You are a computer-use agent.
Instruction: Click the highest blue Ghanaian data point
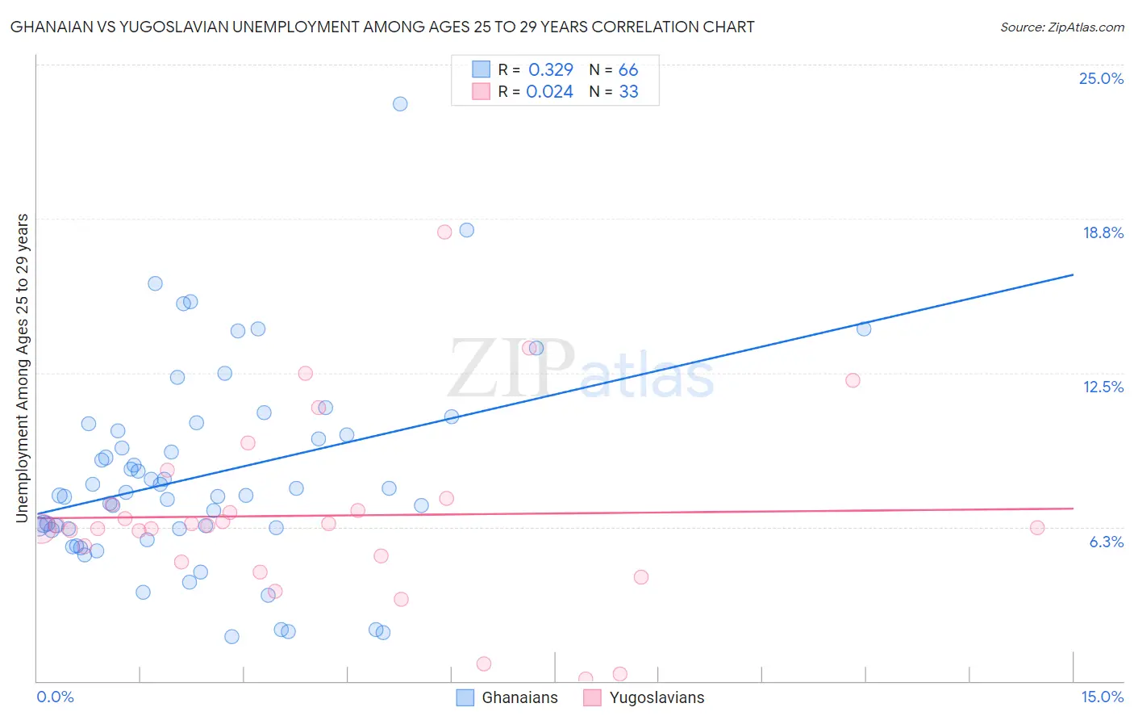[x=400, y=104]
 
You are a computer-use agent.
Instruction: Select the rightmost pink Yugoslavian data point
[x=1037, y=528]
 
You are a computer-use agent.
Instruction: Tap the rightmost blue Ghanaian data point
[x=864, y=329]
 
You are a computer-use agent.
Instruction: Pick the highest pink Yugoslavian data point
[x=444, y=232]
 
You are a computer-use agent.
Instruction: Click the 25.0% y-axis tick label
[x=1101, y=78]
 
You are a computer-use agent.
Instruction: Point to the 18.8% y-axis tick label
[x=1103, y=232]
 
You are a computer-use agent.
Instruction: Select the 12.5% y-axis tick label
[x=1103, y=387]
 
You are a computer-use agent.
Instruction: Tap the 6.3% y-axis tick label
[x=1106, y=542]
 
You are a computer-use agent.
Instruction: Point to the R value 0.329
[x=551, y=70]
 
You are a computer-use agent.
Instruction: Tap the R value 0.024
[x=549, y=92]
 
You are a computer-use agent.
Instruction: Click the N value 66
[x=628, y=70]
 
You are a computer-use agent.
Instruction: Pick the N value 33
[x=628, y=92]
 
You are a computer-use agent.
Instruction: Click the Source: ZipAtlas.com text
[x=1061, y=27]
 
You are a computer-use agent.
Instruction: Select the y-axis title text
[x=23, y=367]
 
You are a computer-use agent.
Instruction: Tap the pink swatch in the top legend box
[x=482, y=91]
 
